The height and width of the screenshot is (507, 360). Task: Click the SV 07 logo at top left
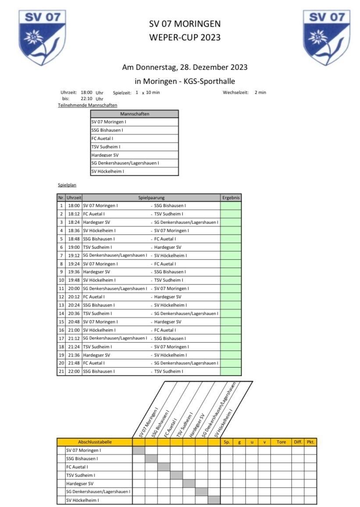tap(42, 37)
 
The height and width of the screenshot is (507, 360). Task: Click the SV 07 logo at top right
tap(327, 37)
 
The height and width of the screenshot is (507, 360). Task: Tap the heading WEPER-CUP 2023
tap(185, 38)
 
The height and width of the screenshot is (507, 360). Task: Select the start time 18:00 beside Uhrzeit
tap(86, 93)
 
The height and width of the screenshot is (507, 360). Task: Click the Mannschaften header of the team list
tap(135, 114)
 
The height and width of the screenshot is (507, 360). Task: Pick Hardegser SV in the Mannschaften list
tap(105, 155)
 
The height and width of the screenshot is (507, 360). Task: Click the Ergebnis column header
tap(231, 198)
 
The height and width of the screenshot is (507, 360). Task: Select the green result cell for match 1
tap(231, 206)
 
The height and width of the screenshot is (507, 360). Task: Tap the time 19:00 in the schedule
tap(74, 247)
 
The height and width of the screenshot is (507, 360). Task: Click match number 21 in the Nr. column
tap(61, 371)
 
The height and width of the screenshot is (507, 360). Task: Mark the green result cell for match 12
tap(231, 297)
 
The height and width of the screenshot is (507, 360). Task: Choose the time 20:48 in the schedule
tap(74, 322)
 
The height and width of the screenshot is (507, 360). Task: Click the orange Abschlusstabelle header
tap(94, 442)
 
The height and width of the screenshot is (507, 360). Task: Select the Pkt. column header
tap(310, 442)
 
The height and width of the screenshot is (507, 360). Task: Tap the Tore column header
tap(281, 442)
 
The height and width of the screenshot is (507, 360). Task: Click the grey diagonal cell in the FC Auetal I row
tap(164, 467)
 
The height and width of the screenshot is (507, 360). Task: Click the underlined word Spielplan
tap(67, 186)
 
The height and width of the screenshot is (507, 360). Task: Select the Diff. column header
tap(298, 442)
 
